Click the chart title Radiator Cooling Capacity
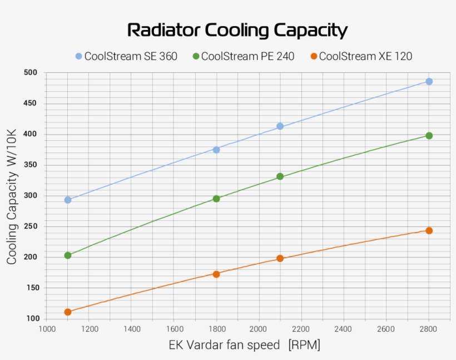tap(237, 30)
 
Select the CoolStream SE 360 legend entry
tap(126, 56)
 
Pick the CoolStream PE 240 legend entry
tap(243, 56)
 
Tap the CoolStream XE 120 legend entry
tap(361, 56)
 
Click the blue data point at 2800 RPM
tap(429, 81)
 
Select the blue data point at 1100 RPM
tap(68, 200)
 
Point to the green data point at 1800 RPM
tap(216, 199)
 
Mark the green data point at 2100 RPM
tap(280, 176)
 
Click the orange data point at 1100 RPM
tap(68, 312)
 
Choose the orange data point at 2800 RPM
tap(429, 230)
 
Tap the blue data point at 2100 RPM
tap(280, 126)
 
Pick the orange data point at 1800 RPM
tap(216, 274)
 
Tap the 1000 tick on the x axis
tap(46, 329)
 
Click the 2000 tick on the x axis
tap(259, 329)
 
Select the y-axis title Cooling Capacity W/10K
tap(12, 196)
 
